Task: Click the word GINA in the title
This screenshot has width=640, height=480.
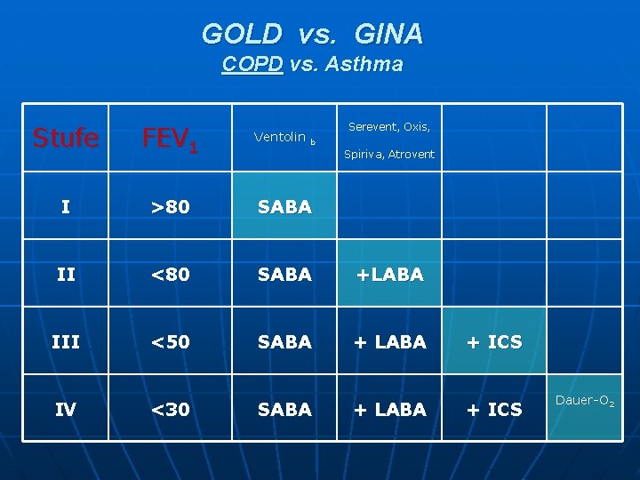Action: (x=388, y=34)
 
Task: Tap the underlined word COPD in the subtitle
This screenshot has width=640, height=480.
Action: (x=252, y=65)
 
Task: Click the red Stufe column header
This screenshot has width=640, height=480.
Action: (x=65, y=138)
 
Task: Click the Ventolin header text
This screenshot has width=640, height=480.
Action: (x=280, y=137)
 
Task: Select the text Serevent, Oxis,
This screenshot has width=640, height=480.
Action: (x=389, y=127)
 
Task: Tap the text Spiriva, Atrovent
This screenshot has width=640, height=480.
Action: (x=389, y=155)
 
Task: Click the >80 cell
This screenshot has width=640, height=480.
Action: (x=170, y=207)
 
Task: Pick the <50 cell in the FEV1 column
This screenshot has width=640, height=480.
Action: (x=170, y=342)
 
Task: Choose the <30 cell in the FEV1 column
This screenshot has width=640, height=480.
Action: (x=170, y=410)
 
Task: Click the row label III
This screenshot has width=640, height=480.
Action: (x=65, y=342)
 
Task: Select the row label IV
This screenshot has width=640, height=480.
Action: (x=65, y=410)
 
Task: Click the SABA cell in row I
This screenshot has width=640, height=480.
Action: (x=284, y=207)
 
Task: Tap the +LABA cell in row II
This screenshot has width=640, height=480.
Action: (x=389, y=275)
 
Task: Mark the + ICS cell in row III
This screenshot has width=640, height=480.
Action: (x=494, y=342)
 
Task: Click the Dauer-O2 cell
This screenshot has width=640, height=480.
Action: (x=584, y=402)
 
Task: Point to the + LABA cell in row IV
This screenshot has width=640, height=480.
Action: (x=389, y=410)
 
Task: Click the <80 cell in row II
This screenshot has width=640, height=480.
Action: (x=170, y=275)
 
